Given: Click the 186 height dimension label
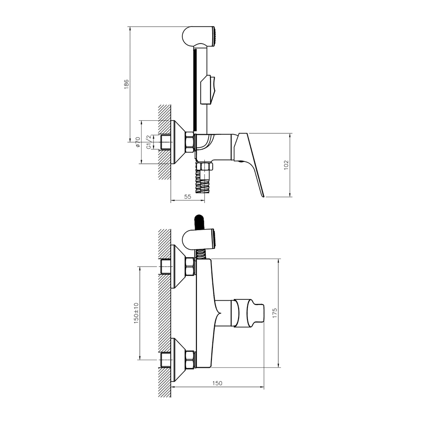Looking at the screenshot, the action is click(x=126, y=84).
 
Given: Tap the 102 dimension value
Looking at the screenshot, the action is click(x=286, y=165).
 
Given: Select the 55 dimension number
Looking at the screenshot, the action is click(x=188, y=196).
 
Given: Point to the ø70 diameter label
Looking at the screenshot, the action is click(x=138, y=142).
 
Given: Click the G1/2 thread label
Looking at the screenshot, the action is click(x=148, y=142).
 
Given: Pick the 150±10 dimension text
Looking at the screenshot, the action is click(x=136, y=313).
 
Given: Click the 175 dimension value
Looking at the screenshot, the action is click(x=275, y=313).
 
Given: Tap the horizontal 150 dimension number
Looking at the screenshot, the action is click(x=217, y=383).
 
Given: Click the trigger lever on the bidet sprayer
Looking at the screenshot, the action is click(x=208, y=90).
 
